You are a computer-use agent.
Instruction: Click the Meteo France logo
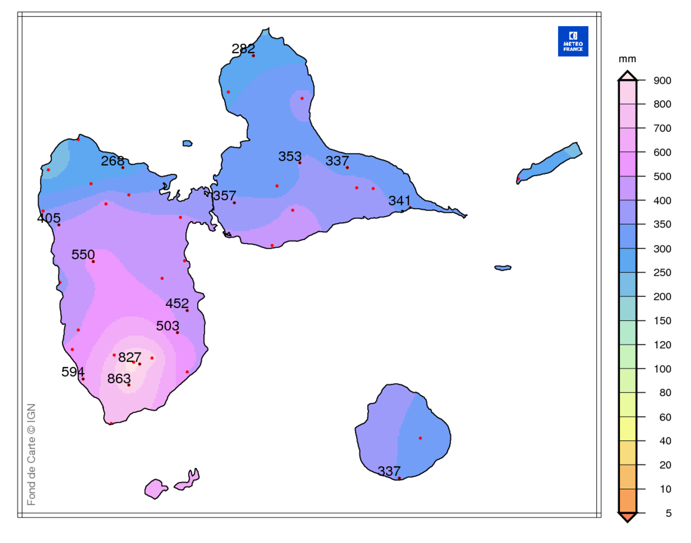(573, 42)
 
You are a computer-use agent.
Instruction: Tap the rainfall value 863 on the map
(119, 379)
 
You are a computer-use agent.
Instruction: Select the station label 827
(129, 357)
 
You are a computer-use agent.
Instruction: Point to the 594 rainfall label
(73, 372)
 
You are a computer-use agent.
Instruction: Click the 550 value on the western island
(83, 255)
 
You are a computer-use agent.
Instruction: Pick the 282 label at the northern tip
(243, 49)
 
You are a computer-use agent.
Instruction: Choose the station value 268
(112, 161)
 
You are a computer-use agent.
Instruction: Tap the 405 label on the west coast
(49, 218)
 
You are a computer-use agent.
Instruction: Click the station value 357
(224, 196)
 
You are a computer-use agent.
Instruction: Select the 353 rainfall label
(290, 156)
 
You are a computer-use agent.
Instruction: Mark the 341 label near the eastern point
(400, 201)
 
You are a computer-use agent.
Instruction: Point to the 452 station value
(177, 303)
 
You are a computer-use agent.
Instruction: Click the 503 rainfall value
(167, 326)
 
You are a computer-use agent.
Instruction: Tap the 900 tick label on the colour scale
(662, 81)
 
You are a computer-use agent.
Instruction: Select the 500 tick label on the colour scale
(662, 176)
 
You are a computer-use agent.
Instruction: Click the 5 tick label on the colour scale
(668, 513)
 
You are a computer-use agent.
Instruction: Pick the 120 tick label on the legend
(662, 345)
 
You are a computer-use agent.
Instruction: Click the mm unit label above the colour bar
(627, 59)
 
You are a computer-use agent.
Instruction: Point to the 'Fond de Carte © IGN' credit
(31, 454)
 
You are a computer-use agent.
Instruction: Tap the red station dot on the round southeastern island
(420, 438)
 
